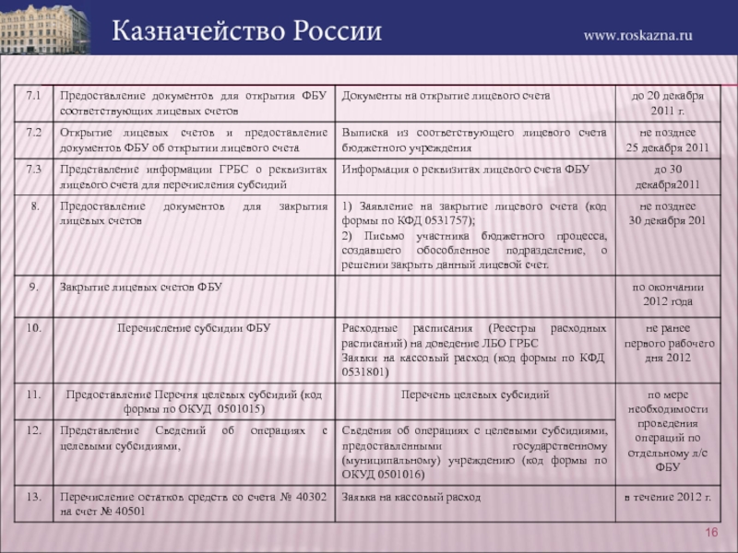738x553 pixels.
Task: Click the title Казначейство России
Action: click(246, 32)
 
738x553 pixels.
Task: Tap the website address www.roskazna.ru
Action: click(637, 35)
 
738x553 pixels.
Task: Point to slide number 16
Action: click(711, 534)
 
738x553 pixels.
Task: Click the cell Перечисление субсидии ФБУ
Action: click(194, 329)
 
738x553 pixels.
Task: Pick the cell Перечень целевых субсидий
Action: click(475, 395)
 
